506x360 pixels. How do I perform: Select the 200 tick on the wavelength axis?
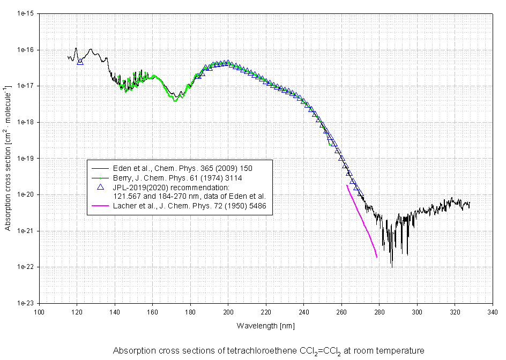[228, 311]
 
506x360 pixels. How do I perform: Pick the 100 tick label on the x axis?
[39, 311]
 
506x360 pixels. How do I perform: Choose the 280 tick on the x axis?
[379, 311]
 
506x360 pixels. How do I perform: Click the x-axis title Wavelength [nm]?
[266, 325]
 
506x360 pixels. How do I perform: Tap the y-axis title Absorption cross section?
[9, 158]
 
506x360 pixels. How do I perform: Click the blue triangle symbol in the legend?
[99, 187]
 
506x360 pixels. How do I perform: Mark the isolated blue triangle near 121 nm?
[80, 62]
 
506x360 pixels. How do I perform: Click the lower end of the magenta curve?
[377, 257]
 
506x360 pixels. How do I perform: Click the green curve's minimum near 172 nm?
[175, 100]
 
